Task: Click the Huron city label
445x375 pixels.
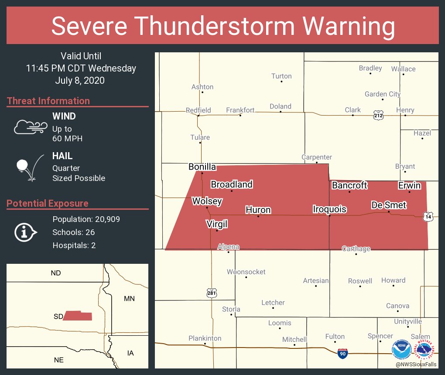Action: [x=258, y=210]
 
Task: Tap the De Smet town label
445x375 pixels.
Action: [x=388, y=205]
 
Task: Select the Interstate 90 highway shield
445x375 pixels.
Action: [x=343, y=354]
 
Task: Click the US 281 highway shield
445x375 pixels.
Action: [x=212, y=293]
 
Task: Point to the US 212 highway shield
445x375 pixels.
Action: [x=378, y=116]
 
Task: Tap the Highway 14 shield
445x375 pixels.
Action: [x=428, y=216]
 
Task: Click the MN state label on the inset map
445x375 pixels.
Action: [x=129, y=299]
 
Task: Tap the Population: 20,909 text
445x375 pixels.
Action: [x=86, y=219]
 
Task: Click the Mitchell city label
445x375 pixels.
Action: [x=294, y=339]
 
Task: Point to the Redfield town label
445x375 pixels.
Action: [x=198, y=110]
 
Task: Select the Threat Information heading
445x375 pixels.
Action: [x=48, y=101]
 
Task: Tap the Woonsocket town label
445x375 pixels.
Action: [x=246, y=272]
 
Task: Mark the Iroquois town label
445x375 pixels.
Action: [x=329, y=209]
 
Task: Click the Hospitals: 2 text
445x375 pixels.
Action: [x=74, y=245]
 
